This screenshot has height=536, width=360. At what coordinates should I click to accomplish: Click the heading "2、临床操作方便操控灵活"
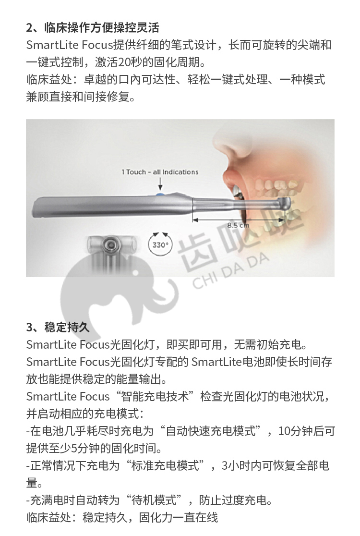point(93,27)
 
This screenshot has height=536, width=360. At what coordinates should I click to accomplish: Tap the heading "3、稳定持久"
point(58,327)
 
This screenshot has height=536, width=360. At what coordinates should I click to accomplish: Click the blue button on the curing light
point(159,195)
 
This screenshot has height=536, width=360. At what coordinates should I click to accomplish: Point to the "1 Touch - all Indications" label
point(160,172)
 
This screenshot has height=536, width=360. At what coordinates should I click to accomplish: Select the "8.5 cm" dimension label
point(238,225)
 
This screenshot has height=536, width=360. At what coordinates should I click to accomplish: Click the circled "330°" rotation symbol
point(160,244)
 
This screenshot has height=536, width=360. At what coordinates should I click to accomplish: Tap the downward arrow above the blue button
point(160,184)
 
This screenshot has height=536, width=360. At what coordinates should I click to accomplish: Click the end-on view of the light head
point(109,244)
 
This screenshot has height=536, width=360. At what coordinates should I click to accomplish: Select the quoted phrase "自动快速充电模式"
point(210,431)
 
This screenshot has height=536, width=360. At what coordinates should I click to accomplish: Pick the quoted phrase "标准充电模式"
point(165,465)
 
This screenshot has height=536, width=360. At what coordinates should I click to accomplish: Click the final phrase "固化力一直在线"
point(178,518)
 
